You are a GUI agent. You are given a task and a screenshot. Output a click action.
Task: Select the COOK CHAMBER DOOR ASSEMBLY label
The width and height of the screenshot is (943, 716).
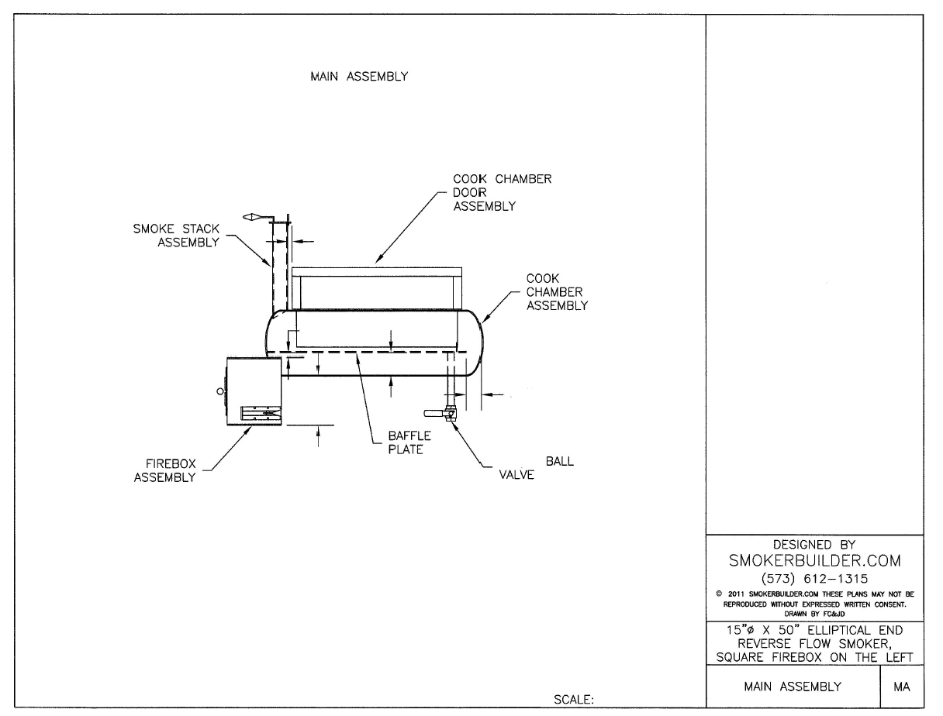pos(502,192)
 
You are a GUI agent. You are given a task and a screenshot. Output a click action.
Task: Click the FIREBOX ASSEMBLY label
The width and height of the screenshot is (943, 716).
pos(164,470)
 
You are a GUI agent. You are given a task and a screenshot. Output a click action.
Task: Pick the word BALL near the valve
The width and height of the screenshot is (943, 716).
pos(560,461)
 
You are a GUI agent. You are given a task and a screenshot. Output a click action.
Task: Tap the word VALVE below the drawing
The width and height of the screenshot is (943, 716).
pos(516,475)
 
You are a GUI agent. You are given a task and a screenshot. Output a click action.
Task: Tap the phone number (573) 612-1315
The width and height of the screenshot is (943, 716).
pos(813,577)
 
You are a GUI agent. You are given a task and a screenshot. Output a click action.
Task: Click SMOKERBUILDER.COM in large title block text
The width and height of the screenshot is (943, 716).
pos(813,560)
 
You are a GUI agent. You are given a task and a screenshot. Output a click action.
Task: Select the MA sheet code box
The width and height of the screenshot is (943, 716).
pos(902,687)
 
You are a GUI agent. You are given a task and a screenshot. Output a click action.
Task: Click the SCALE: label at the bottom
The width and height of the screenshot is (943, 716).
pos(574,701)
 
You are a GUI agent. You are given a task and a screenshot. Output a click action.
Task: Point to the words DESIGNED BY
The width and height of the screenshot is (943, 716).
pos(813,545)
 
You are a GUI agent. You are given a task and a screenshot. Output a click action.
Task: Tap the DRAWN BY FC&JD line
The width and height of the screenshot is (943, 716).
pos(813,613)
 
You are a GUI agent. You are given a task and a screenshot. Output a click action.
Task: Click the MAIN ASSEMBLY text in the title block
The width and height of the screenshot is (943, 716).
pos(792,687)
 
